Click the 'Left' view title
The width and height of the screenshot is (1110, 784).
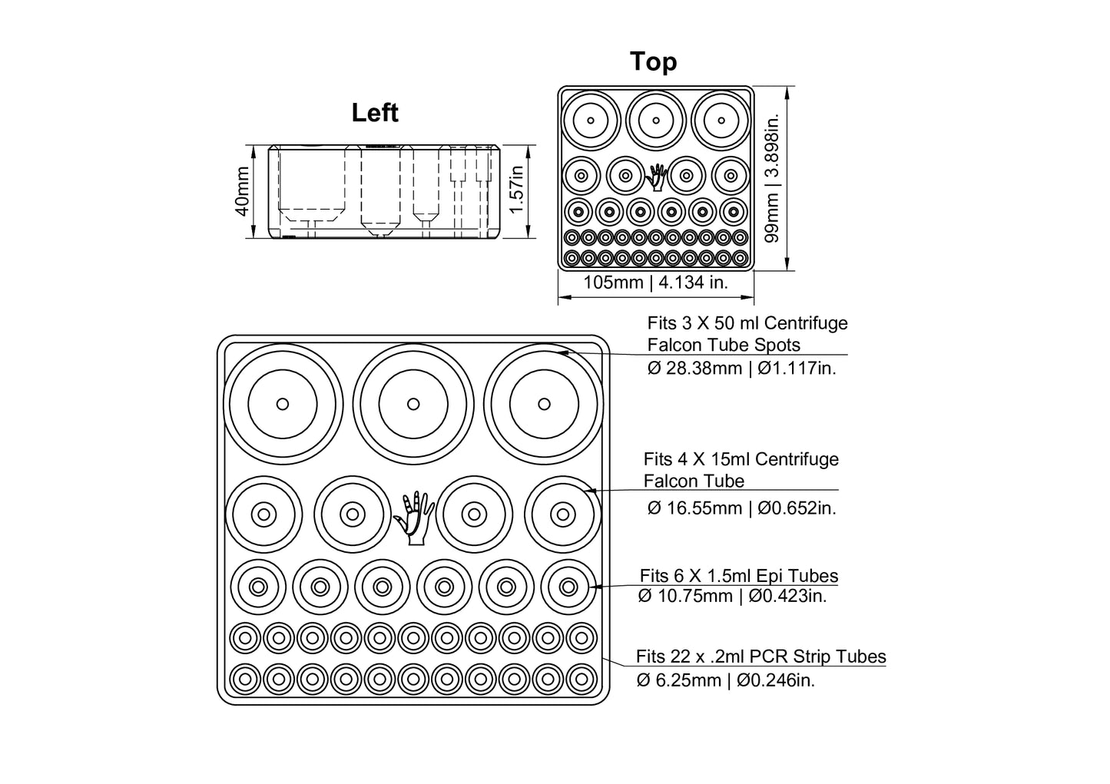[x=375, y=113]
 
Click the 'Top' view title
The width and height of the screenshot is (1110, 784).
[x=653, y=61]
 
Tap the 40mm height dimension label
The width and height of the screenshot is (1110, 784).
[x=242, y=192]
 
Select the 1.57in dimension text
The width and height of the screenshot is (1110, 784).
[x=517, y=192]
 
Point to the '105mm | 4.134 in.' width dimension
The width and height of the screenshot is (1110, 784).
[x=655, y=283]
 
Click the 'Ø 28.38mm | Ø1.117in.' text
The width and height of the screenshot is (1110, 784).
[x=741, y=368]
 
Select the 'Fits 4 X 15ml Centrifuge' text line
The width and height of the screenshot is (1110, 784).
[x=741, y=459]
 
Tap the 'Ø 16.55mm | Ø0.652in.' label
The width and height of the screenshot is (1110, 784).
[x=741, y=508]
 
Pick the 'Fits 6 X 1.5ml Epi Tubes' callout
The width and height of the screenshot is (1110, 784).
[x=738, y=576]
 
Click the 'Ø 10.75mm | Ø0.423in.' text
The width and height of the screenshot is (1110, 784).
[x=732, y=596]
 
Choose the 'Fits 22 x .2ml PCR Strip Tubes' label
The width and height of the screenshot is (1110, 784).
[x=760, y=657]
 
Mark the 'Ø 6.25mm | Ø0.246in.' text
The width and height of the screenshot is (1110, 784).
[x=725, y=680]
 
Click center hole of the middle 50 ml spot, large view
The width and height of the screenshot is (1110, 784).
[x=413, y=403]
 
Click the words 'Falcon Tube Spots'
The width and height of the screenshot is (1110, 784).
[x=723, y=345]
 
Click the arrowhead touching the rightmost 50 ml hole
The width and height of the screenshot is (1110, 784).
[x=563, y=352]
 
